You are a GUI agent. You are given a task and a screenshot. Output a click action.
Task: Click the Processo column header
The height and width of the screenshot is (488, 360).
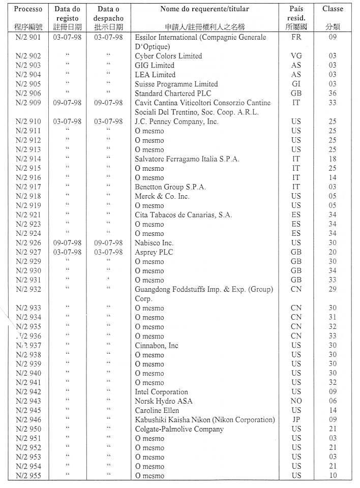28,9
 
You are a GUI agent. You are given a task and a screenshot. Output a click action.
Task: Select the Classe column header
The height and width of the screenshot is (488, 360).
333,9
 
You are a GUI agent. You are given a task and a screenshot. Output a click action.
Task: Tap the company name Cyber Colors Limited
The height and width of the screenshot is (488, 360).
168,56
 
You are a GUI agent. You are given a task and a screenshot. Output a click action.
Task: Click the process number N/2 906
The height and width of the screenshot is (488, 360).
28,94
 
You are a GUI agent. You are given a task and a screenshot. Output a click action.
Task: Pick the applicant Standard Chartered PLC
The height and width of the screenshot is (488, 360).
172,94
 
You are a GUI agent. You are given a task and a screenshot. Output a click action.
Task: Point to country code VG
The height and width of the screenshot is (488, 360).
296,56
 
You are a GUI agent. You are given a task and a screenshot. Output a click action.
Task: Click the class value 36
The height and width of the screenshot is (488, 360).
333,94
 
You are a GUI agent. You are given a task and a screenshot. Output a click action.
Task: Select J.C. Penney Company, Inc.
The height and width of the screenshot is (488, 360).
176,121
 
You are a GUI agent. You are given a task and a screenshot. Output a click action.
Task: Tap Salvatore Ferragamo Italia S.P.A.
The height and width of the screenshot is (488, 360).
187,159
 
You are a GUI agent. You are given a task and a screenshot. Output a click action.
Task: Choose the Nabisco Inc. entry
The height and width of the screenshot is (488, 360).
154,243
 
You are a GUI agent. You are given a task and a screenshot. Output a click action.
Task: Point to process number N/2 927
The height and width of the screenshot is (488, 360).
28,252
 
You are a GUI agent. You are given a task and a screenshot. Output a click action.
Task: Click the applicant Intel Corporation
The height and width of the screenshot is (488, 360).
161,392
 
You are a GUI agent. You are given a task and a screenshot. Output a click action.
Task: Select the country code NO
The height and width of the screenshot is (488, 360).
296,401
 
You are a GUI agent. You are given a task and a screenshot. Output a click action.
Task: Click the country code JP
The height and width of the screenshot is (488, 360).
296,420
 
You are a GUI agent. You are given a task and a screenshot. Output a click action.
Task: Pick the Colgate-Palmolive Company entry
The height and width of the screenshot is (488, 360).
179,429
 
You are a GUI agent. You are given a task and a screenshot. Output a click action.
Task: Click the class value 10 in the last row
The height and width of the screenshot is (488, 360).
333,476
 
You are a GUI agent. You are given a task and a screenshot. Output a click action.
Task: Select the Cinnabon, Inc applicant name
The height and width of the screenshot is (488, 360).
157,346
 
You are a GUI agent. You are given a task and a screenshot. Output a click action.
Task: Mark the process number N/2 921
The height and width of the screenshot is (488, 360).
28,215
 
